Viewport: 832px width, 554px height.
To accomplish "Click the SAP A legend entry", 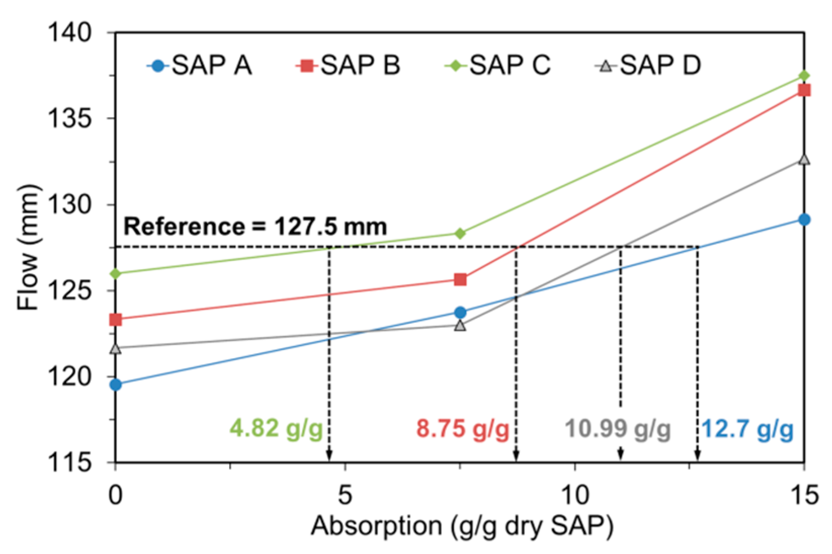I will pyautogui.click(x=199, y=66).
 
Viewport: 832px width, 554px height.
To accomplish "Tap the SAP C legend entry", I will pyautogui.click(x=498, y=66).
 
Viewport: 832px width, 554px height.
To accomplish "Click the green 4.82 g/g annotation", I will pyautogui.click(x=276, y=429).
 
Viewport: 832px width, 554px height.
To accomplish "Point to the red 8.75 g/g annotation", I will pyautogui.click(x=462, y=429).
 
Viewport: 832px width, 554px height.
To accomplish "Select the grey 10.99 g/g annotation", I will pyautogui.click(x=618, y=429).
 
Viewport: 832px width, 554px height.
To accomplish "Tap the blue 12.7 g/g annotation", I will pyautogui.click(x=748, y=429).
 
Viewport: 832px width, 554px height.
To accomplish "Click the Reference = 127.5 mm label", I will pyautogui.click(x=255, y=226).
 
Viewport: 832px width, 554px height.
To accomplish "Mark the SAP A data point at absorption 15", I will pyautogui.click(x=804, y=220).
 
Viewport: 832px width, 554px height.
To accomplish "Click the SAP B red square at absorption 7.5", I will pyautogui.click(x=460, y=279).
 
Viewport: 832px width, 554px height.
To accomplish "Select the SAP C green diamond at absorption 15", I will pyautogui.click(x=804, y=76).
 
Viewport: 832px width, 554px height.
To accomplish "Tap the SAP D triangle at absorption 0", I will pyautogui.click(x=115, y=349).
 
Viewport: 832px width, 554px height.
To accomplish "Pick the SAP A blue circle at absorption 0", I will pyautogui.click(x=115, y=385).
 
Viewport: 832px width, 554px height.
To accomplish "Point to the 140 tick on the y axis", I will pyautogui.click(x=69, y=33).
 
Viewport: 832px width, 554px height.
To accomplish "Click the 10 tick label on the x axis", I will pyautogui.click(x=575, y=494).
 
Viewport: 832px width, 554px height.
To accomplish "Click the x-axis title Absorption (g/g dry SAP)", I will pyautogui.click(x=462, y=526).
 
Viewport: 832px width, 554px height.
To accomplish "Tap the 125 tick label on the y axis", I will pyautogui.click(x=69, y=291).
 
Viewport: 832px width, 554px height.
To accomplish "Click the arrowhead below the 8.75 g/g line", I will pyautogui.click(x=516, y=456).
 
